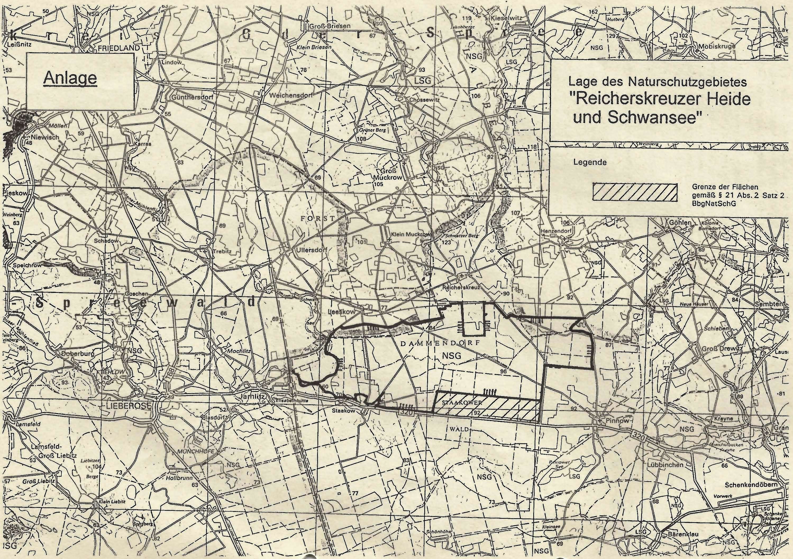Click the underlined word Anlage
point(70,78)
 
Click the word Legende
point(590,162)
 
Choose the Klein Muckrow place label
point(410,234)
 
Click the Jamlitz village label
point(254,397)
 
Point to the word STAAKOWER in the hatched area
point(461,403)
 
